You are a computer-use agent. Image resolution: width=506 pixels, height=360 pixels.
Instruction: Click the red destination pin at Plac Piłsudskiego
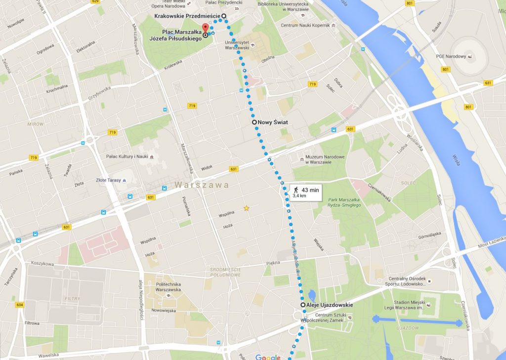(x=205, y=28)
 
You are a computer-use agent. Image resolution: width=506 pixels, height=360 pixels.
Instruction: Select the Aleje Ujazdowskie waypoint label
(x=330, y=305)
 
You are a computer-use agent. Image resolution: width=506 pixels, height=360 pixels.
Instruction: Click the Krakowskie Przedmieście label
(x=187, y=16)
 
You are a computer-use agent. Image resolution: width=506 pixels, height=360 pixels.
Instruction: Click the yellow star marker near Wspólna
(x=246, y=208)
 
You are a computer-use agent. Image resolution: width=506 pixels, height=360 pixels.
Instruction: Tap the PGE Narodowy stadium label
(x=451, y=56)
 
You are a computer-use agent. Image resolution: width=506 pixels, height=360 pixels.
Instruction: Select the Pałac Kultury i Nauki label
(x=127, y=157)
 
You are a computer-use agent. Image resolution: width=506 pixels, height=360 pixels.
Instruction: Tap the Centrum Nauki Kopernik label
(x=305, y=26)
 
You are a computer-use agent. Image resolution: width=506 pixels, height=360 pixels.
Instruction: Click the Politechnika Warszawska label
(x=169, y=287)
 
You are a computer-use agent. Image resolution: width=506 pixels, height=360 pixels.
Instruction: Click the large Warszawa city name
(x=201, y=185)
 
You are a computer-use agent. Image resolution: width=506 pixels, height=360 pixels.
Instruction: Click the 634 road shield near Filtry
(x=19, y=305)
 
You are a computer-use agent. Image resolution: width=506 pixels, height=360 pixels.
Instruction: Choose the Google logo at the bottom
(x=267, y=357)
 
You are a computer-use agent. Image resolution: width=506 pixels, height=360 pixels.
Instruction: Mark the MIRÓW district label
(x=36, y=124)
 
